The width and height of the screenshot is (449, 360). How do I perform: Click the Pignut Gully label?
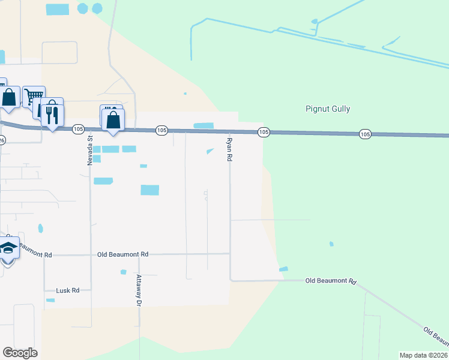pos(328,109)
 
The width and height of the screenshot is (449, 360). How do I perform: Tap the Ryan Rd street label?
pos(229,150)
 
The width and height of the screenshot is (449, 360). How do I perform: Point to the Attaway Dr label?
pos(139,291)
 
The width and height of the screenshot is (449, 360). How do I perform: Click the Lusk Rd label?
pos(67,290)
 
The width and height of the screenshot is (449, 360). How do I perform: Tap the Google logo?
pos(20,353)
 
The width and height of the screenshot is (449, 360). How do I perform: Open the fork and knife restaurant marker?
pos(52,112)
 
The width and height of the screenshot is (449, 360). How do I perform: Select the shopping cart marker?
pos(34,97)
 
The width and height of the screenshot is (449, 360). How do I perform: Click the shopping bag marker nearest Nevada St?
pos(113,119)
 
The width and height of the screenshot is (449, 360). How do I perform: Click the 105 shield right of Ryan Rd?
pos(263,131)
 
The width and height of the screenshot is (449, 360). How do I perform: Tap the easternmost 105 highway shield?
pos(365,134)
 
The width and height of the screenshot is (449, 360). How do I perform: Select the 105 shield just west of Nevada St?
pos(78,129)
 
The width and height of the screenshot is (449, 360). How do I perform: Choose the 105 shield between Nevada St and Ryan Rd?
pos(161,130)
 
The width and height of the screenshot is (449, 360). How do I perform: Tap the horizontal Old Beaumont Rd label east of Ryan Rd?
pos(331,281)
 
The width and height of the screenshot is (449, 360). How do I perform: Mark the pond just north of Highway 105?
pos(203,125)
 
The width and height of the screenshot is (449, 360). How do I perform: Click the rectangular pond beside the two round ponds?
pos(58,10)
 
